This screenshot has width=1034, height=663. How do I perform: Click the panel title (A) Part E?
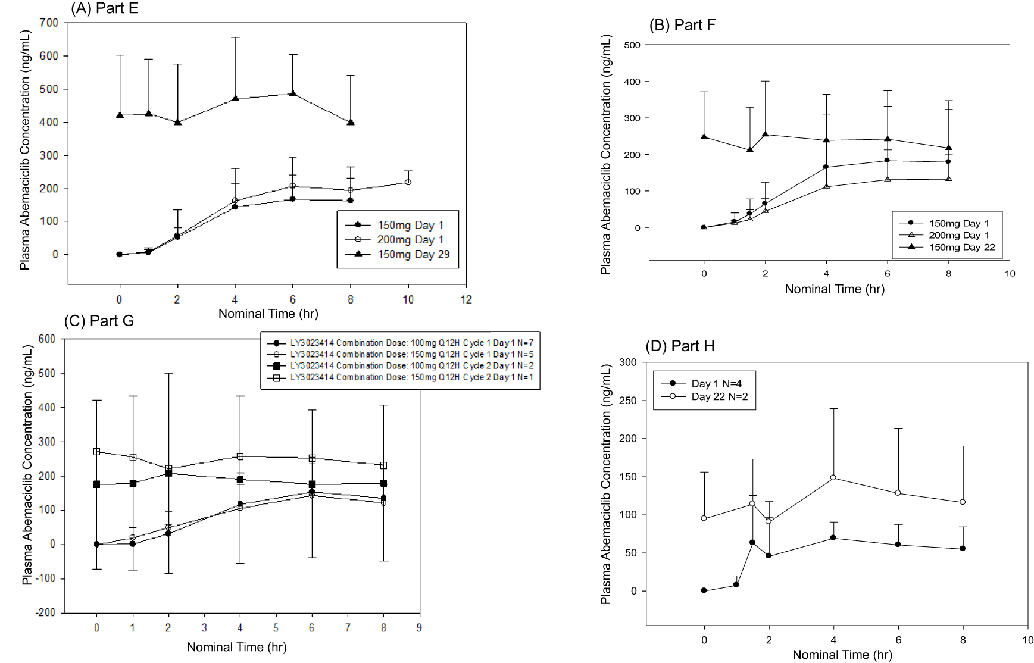pyautogui.click(x=104, y=8)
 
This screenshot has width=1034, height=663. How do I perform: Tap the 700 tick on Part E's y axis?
pyautogui.click(x=49, y=23)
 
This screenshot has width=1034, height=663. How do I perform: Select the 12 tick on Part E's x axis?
pyautogui.click(x=466, y=299)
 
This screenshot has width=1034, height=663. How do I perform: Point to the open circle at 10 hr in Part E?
pyautogui.click(x=408, y=182)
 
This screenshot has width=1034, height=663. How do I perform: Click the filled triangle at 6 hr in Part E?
pyautogui.click(x=293, y=93)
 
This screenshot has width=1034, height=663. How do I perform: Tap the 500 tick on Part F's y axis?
pyautogui.click(x=632, y=45)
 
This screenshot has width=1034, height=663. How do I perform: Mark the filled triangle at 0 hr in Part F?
pyautogui.click(x=704, y=136)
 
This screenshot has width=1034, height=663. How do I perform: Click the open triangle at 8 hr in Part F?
pyautogui.click(x=948, y=179)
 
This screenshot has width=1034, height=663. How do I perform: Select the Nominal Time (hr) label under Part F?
pyautogui.click(x=834, y=289)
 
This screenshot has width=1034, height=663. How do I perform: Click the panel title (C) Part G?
pyautogui.click(x=99, y=321)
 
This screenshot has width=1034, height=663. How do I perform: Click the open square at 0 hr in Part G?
pyautogui.click(x=96, y=452)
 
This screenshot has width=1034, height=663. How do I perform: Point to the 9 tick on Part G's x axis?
pyautogui.click(x=419, y=627)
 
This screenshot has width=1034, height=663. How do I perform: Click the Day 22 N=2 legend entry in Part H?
pyautogui.click(x=719, y=396)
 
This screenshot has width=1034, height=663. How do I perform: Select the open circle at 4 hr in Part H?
pyautogui.click(x=833, y=477)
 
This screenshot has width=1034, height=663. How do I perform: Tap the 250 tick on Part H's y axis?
pyautogui.click(x=629, y=401)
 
